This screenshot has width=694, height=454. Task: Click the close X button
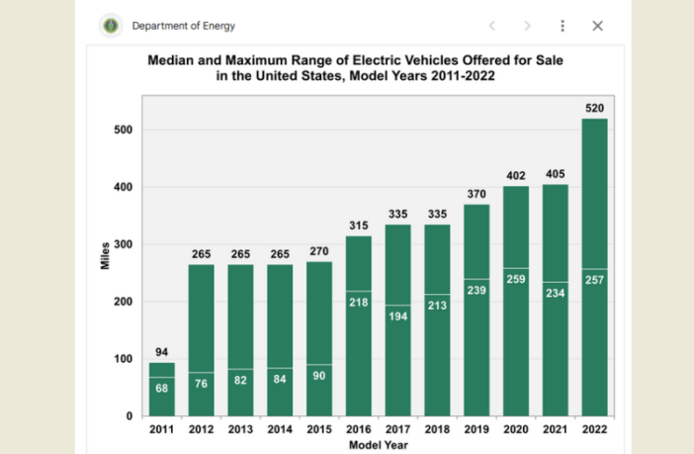coord(597,26)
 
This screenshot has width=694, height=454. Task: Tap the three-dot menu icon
coord(563,26)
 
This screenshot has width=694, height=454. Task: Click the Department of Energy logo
coord(112,26)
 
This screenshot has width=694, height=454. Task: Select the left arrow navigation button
coord(492,26)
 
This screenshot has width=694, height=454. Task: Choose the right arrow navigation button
coord(527,26)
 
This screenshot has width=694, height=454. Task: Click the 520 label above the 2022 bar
coord(594,107)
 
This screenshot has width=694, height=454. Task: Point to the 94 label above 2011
coord(162,351)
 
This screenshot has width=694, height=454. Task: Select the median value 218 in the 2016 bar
coord(359,301)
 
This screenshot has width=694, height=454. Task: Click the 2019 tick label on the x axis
coord(477,429)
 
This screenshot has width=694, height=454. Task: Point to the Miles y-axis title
coord(105,254)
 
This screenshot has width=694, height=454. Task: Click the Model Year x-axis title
coord(379,445)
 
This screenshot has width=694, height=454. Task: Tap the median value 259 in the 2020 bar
coord(516,280)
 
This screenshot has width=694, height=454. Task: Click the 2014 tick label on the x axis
coord(280,429)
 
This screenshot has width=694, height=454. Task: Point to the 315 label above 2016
coord(359,225)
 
